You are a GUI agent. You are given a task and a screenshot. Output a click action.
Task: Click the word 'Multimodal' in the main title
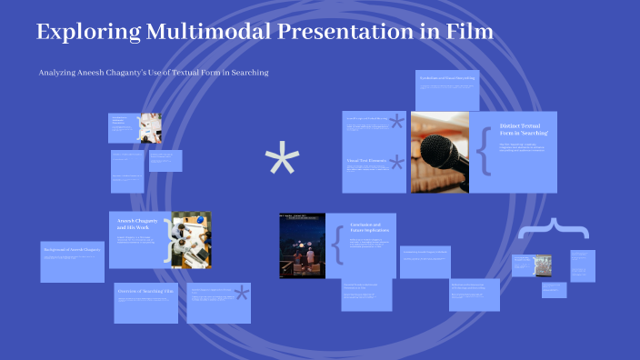point(195,33)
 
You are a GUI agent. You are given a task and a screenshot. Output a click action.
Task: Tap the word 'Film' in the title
point(468,33)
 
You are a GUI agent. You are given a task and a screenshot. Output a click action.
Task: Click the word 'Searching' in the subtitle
point(248,73)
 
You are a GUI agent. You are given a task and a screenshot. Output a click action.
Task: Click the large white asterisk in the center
point(282,163)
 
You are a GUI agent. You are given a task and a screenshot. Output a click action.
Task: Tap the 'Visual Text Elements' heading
point(366,161)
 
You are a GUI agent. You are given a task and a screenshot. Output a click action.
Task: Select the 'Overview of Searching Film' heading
point(145,292)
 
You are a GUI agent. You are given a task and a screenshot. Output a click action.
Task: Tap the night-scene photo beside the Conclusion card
point(302,245)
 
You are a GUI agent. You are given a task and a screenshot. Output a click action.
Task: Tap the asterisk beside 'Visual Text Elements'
point(396,164)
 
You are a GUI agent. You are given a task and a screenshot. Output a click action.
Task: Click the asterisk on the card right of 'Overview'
point(241,294)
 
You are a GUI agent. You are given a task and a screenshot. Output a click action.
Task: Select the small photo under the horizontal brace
point(542,265)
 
